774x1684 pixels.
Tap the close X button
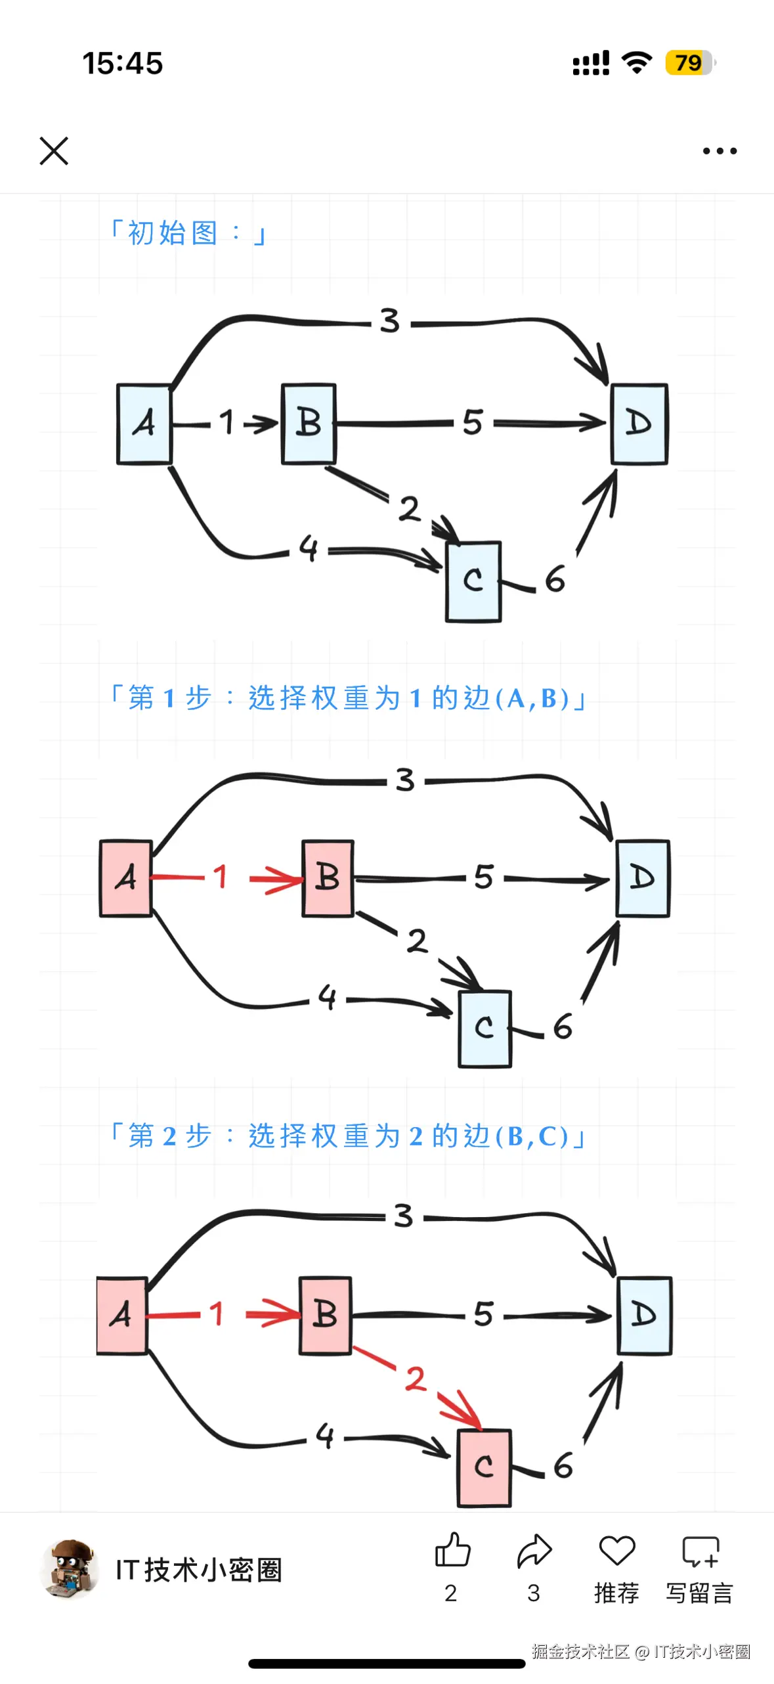pos(54,151)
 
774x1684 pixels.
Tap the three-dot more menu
pos(720,151)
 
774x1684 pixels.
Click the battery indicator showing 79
pos(689,63)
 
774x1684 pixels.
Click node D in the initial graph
pos(639,424)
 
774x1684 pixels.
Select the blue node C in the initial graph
pos(473,581)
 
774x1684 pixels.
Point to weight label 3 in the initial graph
pos(390,321)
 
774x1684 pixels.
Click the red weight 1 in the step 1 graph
pos(220,875)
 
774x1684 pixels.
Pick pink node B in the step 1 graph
pos(328,877)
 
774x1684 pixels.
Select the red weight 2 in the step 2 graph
pos(416,1378)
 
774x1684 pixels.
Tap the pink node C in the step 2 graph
pos(484,1467)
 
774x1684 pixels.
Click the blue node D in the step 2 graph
pos(644,1315)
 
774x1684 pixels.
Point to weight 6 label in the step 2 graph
pos(563,1465)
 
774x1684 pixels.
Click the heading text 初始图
pos(173,233)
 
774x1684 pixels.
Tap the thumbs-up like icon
pos(452,1551)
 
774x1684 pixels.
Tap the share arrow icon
pos(534,1551)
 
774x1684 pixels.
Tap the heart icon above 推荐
pos(616,1551)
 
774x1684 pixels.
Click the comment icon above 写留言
pos(700,1551)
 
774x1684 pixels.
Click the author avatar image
pos(70,1568)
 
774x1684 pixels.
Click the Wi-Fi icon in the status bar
pos(636,62)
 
